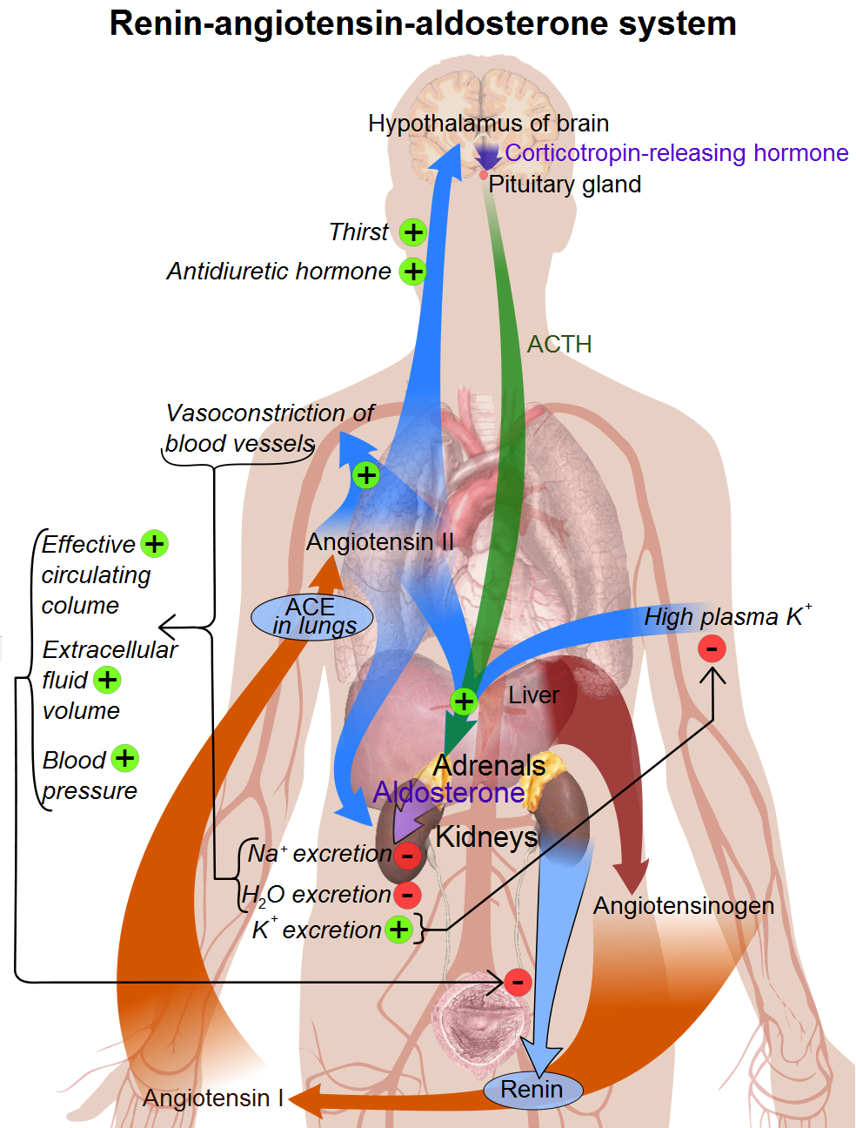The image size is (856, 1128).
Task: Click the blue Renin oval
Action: click(532, 1090)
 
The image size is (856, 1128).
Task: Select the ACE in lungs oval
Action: click(311, 617)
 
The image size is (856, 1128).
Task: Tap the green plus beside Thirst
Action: click(413, 232)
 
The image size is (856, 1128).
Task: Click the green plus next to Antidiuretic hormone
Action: click(413, 272)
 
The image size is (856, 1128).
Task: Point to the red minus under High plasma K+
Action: click(712, 648)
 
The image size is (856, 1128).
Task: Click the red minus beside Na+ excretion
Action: click(407, 856)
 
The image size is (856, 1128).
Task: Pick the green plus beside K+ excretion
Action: click(398, 930)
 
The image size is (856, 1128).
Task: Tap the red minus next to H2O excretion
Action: click(407, 894)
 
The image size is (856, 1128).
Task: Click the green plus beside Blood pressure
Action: click(125, 758)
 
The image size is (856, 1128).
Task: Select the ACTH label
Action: click(559, 345)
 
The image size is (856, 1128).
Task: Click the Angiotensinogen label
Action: click(684, 906)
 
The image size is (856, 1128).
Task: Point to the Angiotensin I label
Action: click(213, 1098)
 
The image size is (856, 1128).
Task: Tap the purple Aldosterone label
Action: click(449, 792)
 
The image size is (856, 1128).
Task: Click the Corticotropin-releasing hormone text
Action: click(677, 153)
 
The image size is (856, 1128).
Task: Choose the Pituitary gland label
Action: click(565, 185)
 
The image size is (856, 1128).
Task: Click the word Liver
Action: click(534, 695)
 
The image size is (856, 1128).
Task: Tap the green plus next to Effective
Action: click(154, 544)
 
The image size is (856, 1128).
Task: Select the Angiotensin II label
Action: click(380, 542)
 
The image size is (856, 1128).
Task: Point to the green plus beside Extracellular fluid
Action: click(107, 680)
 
